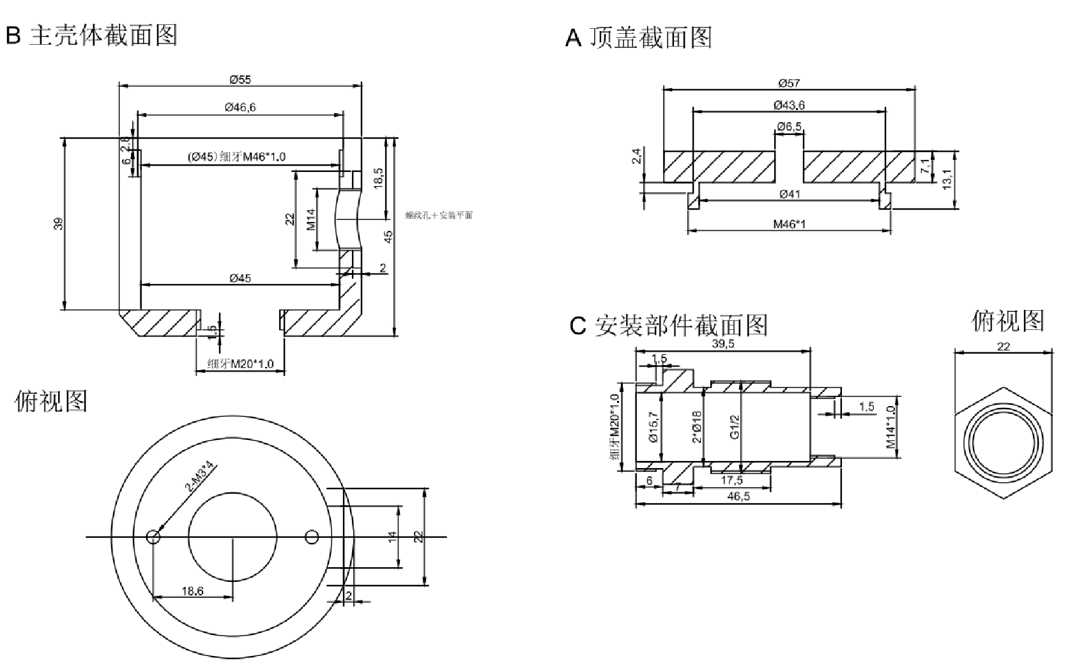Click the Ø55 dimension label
point(240,79)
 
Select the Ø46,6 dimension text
point(240,107)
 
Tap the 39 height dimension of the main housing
point(58,224)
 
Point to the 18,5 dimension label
point(378,177)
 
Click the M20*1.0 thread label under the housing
point(241,364)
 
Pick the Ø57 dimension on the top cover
point(789,82)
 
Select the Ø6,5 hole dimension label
point(789,126)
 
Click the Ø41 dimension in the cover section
point(790,194)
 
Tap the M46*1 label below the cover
point(790,224)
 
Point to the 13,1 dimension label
point(947,178)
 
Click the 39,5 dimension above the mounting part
point(723,343)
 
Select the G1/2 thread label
point(735,426)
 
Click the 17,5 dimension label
point(731,480)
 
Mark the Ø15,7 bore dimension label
point(653,426)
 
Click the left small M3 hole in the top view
point(153,536)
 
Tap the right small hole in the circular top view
point(312,536)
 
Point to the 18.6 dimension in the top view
point(192,591)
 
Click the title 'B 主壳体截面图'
point(91,35)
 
